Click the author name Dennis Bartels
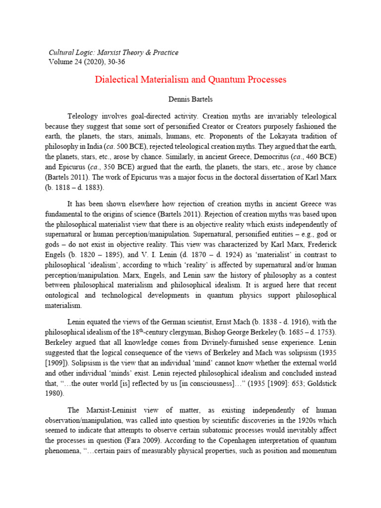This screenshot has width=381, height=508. [x=190, y=100]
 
